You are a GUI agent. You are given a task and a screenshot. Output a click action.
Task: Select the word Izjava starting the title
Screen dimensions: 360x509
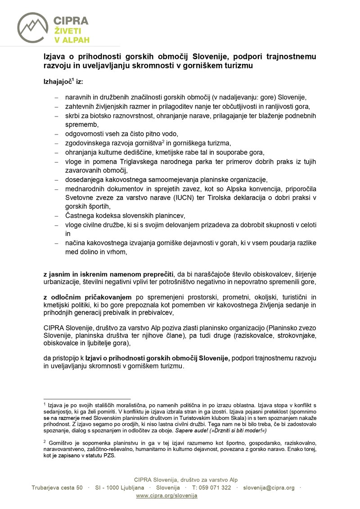tap(54, 57)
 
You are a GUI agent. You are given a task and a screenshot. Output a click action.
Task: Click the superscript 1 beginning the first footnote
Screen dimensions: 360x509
tap(45, 404)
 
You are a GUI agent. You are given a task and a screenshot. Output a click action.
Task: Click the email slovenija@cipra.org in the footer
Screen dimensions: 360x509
tap(269, 488)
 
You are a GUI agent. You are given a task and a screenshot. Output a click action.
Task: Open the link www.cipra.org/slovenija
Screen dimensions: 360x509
tap(166, 495)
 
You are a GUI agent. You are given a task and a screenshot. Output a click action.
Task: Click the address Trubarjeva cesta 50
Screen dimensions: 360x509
tap(57, 488)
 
